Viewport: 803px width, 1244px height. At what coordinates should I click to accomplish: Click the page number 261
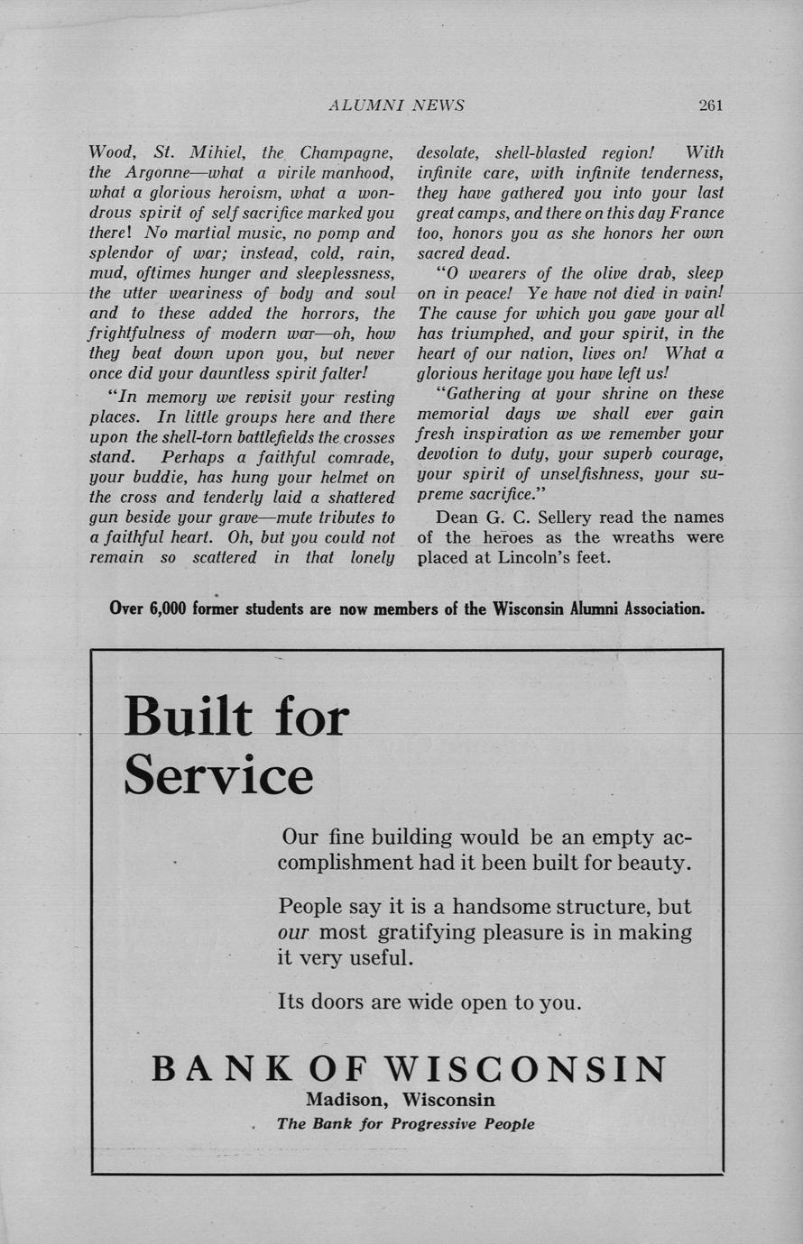tap(710, 105)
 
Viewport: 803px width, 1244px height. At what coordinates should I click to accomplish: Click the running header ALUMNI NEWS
tap(396, 105)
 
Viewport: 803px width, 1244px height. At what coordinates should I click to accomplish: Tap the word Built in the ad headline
tap(189, 717)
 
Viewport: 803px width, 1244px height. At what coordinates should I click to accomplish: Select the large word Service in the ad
tap(218, 774)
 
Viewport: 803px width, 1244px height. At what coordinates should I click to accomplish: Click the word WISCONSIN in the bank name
tap(527, 1068)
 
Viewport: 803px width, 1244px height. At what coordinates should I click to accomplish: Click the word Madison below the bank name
tap(347, 1100)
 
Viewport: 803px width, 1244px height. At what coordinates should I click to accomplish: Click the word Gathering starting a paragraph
tap(483, 393)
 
